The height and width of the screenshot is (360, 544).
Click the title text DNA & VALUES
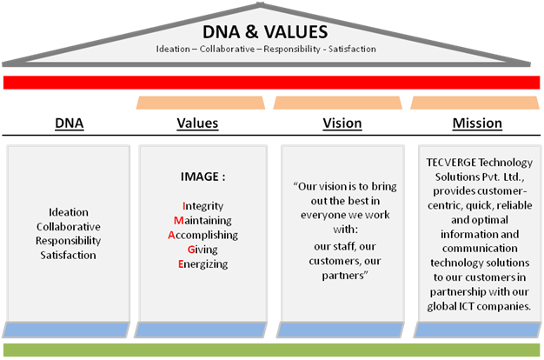(x=265, y=32)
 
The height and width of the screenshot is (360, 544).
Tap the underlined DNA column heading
(x=70, y=123)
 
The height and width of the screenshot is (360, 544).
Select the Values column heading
(x=197, y=123)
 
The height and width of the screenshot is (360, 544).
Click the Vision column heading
(x=342, y=123)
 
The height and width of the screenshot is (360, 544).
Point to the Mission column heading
(x=477, y=123)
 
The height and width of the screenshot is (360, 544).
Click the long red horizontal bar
(x=272, y=83)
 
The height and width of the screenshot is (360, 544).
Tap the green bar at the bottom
(x=272, y=350)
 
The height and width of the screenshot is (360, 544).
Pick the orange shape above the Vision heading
(x=337, y=103)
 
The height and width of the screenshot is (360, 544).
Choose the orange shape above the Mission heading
(x=475, y=103)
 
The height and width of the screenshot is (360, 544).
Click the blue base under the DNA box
(x=66, y=330)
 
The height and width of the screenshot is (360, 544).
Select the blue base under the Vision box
(x=341, y=330)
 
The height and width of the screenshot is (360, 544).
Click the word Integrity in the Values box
(x=203, y=206)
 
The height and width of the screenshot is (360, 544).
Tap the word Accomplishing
(x=203, y=235)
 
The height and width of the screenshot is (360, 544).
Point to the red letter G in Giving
(x=191, y=250)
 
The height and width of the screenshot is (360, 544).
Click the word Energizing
(x=203, y=264)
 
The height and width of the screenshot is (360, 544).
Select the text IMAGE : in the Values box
(x=203, y=177)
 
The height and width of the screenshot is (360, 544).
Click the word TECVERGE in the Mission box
(x=451, y=163)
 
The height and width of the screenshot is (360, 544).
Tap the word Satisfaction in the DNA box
(x=68, y=255)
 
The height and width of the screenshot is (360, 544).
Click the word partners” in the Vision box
(x=344, y=276)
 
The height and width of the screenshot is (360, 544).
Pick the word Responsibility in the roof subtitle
(x=292, y=49)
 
